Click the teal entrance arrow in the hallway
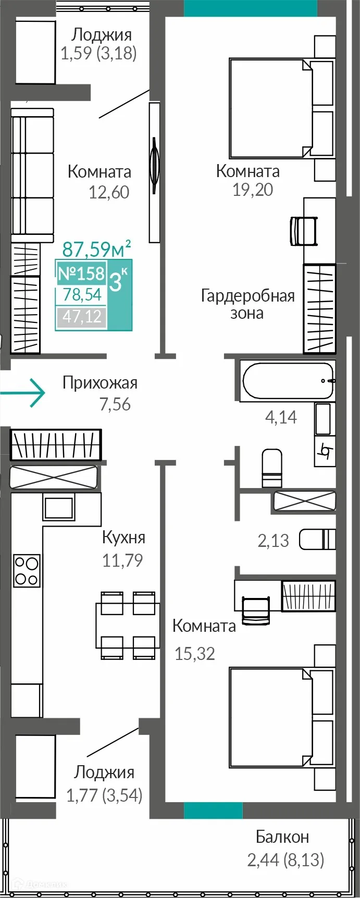23,392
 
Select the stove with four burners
27,570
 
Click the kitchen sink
59,507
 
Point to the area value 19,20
253,190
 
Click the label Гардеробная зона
247,304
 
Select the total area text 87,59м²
96,250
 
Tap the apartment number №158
81,273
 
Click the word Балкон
282,837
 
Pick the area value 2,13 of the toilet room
273,541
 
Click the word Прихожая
100,383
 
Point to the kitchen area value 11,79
122,560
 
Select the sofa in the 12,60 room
32,175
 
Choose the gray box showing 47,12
82,317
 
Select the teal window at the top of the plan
250,8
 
